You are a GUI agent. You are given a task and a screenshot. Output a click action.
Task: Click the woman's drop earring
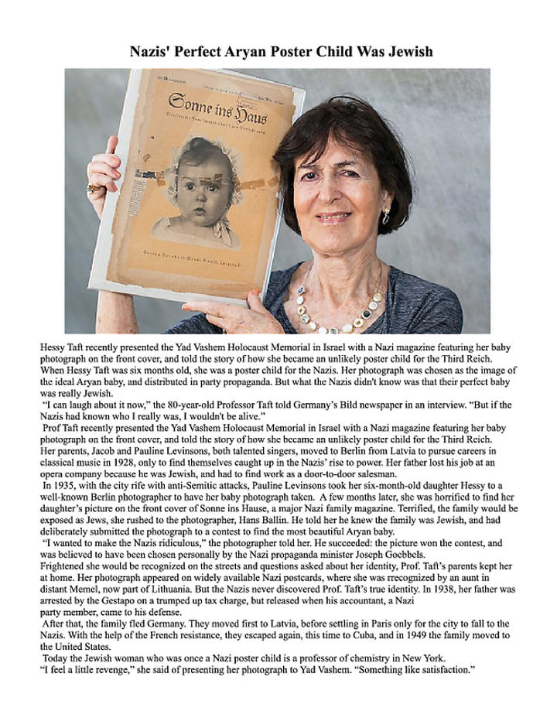(385, 216)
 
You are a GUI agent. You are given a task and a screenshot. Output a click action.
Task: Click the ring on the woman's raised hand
(94, 188)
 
